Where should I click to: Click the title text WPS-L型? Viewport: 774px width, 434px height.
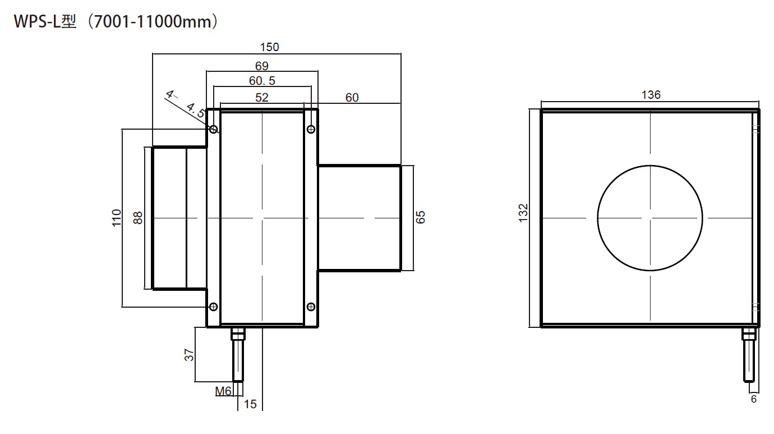point(45,22)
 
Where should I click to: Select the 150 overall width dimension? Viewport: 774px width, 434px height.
point(270,47)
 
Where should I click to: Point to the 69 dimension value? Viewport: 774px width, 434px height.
point(262,66)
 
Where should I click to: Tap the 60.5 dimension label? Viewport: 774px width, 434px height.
point(262,81)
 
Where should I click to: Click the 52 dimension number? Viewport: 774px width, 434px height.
point(262,97)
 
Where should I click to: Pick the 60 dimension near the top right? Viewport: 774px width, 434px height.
point(352,97)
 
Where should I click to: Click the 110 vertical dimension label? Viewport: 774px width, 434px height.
point(117,218)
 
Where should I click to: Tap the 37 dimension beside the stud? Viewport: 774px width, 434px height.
point(190,355)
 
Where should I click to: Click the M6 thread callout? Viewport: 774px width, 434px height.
point(223,391)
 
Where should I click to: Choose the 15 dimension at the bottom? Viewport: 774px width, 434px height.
point(250,404)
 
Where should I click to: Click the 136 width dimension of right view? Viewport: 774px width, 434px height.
point(651,95)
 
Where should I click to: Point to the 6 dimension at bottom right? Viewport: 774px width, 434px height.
point(753,399)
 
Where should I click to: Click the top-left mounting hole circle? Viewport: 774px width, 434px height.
point(214,130)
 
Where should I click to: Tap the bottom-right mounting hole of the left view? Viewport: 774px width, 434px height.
point(311,307)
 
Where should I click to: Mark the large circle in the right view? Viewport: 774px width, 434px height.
point(650,217)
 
